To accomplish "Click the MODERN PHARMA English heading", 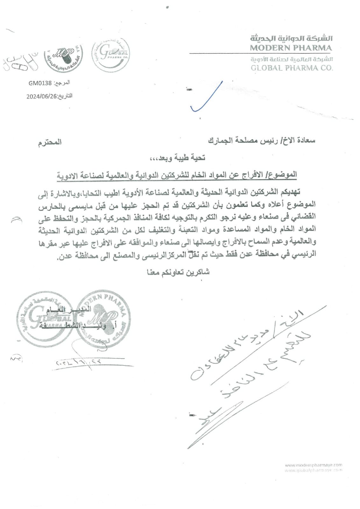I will (291, 48).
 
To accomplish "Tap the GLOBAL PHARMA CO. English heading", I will (292, 67).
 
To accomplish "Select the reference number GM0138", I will (40, 83).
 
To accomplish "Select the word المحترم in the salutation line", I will (50, 142).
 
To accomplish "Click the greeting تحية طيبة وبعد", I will (182, 157).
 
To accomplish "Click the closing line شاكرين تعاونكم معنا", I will (178, 272).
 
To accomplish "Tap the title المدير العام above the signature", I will (73, 309).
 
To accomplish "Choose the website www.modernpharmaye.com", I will (313, 465).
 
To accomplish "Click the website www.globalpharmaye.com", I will (313, 470).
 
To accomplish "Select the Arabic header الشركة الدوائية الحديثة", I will (291, 39).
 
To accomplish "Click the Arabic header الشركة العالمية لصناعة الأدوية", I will (292, 59).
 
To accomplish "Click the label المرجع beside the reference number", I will (62, 83).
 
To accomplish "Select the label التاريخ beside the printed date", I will (65, 96).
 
